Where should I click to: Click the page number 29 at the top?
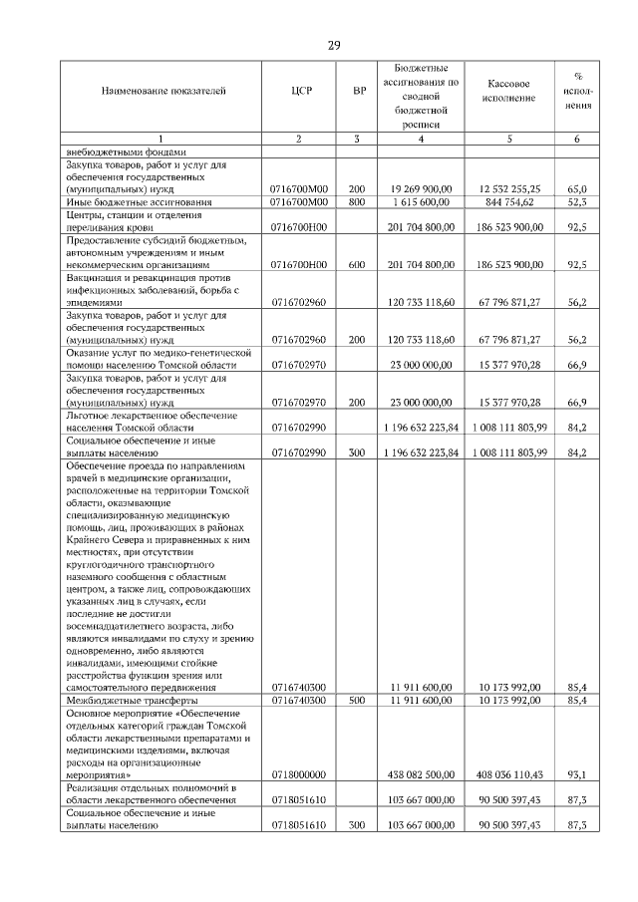(335, 45)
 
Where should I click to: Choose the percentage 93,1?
(576, 773)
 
